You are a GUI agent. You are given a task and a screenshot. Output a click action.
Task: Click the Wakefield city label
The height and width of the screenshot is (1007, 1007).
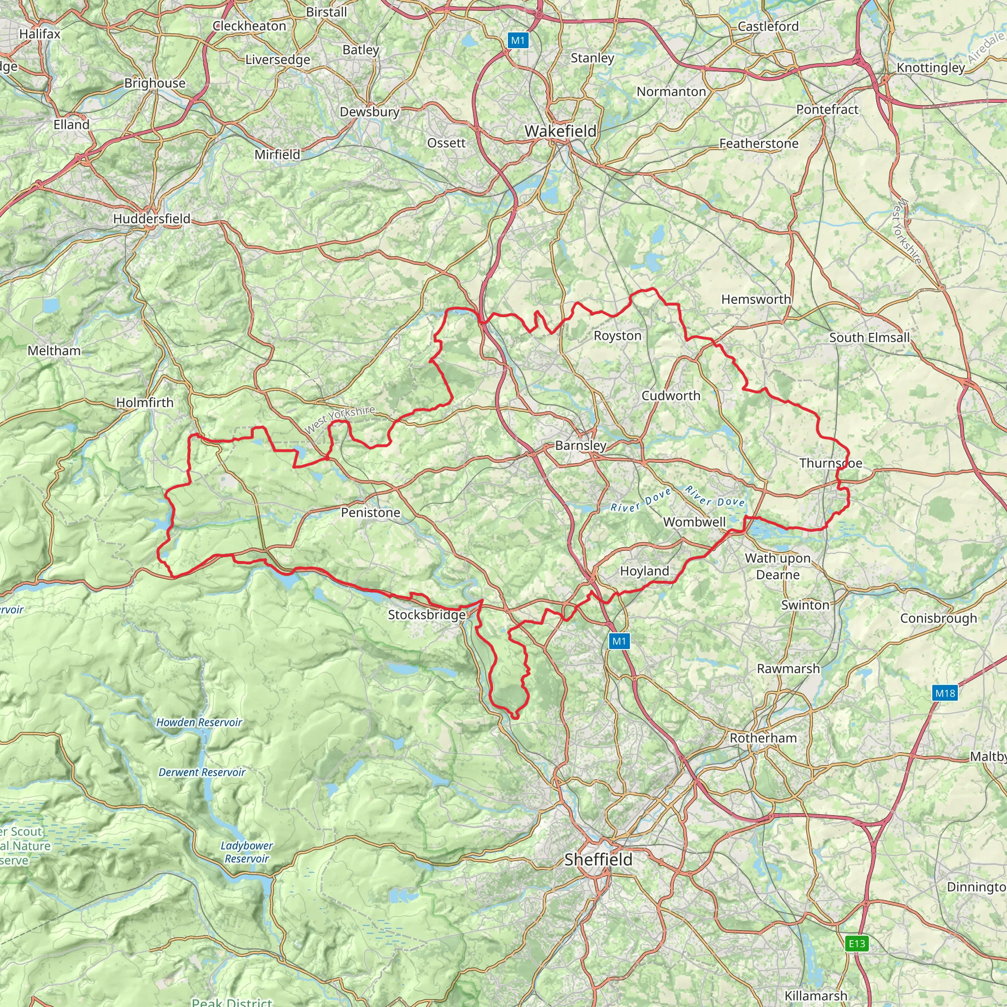click(561, 131)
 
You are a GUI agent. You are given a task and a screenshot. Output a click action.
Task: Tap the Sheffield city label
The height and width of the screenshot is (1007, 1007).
click(598, 859)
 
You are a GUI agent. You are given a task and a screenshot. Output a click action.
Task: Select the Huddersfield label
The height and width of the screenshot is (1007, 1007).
click(151, 219)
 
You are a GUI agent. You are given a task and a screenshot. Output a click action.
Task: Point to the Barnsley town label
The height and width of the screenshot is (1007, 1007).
click(581, 445)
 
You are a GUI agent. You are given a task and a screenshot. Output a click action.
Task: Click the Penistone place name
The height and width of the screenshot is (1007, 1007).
click(371, 512)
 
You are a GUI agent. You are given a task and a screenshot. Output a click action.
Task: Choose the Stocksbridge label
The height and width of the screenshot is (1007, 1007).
click(427, 615)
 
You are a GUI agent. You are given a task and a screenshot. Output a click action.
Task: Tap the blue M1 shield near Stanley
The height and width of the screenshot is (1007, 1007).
click(518, 41)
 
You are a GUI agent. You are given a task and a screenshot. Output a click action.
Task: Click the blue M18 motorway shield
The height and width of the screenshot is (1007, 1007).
click(945, 693)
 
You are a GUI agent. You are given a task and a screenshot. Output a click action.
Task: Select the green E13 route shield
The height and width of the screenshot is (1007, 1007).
click(857, 944)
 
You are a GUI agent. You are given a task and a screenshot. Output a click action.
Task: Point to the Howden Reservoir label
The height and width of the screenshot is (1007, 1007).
click(199, 722)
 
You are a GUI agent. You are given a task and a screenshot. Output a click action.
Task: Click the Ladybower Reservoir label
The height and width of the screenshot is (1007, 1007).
click(246, 852)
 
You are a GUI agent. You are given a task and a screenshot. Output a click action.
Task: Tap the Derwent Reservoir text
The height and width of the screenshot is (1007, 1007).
click(202, 772)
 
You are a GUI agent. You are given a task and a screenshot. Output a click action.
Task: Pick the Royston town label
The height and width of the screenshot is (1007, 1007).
click(618, 336)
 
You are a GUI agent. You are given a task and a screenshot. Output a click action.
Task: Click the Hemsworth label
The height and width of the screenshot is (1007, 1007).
click(756, 299)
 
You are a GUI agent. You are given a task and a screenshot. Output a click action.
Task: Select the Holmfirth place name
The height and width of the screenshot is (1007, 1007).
click(145, 402)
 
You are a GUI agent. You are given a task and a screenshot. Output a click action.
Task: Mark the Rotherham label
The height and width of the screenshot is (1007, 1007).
click(763, 738)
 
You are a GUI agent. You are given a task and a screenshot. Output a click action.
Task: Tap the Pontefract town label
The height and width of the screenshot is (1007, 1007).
click(827, 110)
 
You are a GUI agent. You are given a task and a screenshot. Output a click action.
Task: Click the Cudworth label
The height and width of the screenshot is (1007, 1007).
click(671, 396)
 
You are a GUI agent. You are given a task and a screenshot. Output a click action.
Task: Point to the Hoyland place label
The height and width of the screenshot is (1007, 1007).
click(644, 571)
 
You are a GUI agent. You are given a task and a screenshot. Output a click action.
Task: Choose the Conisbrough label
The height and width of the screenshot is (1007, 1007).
click(939, 618)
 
